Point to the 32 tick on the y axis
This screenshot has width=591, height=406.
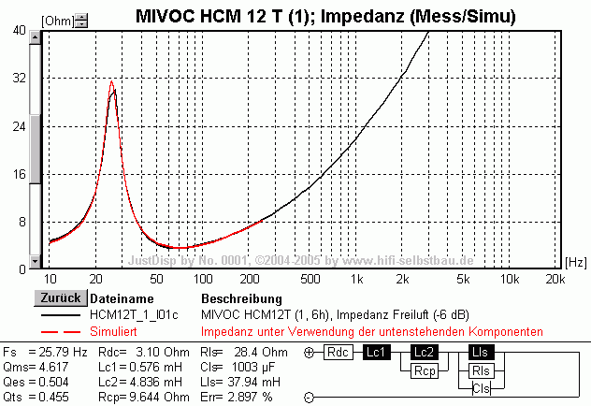[x=20, y=78]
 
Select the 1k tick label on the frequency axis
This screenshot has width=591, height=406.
[x=355, y=279]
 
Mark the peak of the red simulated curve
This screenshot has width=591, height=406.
[x=111, y=82]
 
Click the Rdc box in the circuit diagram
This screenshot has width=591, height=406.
[x=336, y=353]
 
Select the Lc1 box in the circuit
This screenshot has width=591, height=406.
[x=377, y=353]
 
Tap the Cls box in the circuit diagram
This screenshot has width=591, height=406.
[x=481, y=387]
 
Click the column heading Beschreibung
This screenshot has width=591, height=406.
[x=240, y=297]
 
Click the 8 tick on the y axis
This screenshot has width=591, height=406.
[x=22, y=222]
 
